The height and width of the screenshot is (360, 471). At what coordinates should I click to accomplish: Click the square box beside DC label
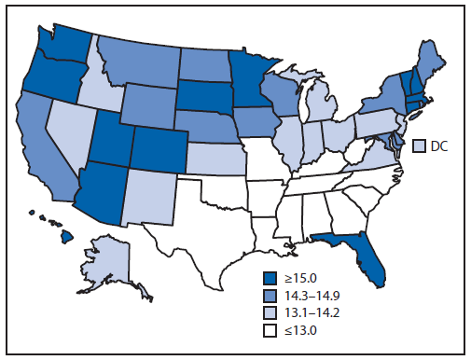[421, 145]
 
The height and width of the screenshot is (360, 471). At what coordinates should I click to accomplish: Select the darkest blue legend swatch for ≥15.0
[270, 276]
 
